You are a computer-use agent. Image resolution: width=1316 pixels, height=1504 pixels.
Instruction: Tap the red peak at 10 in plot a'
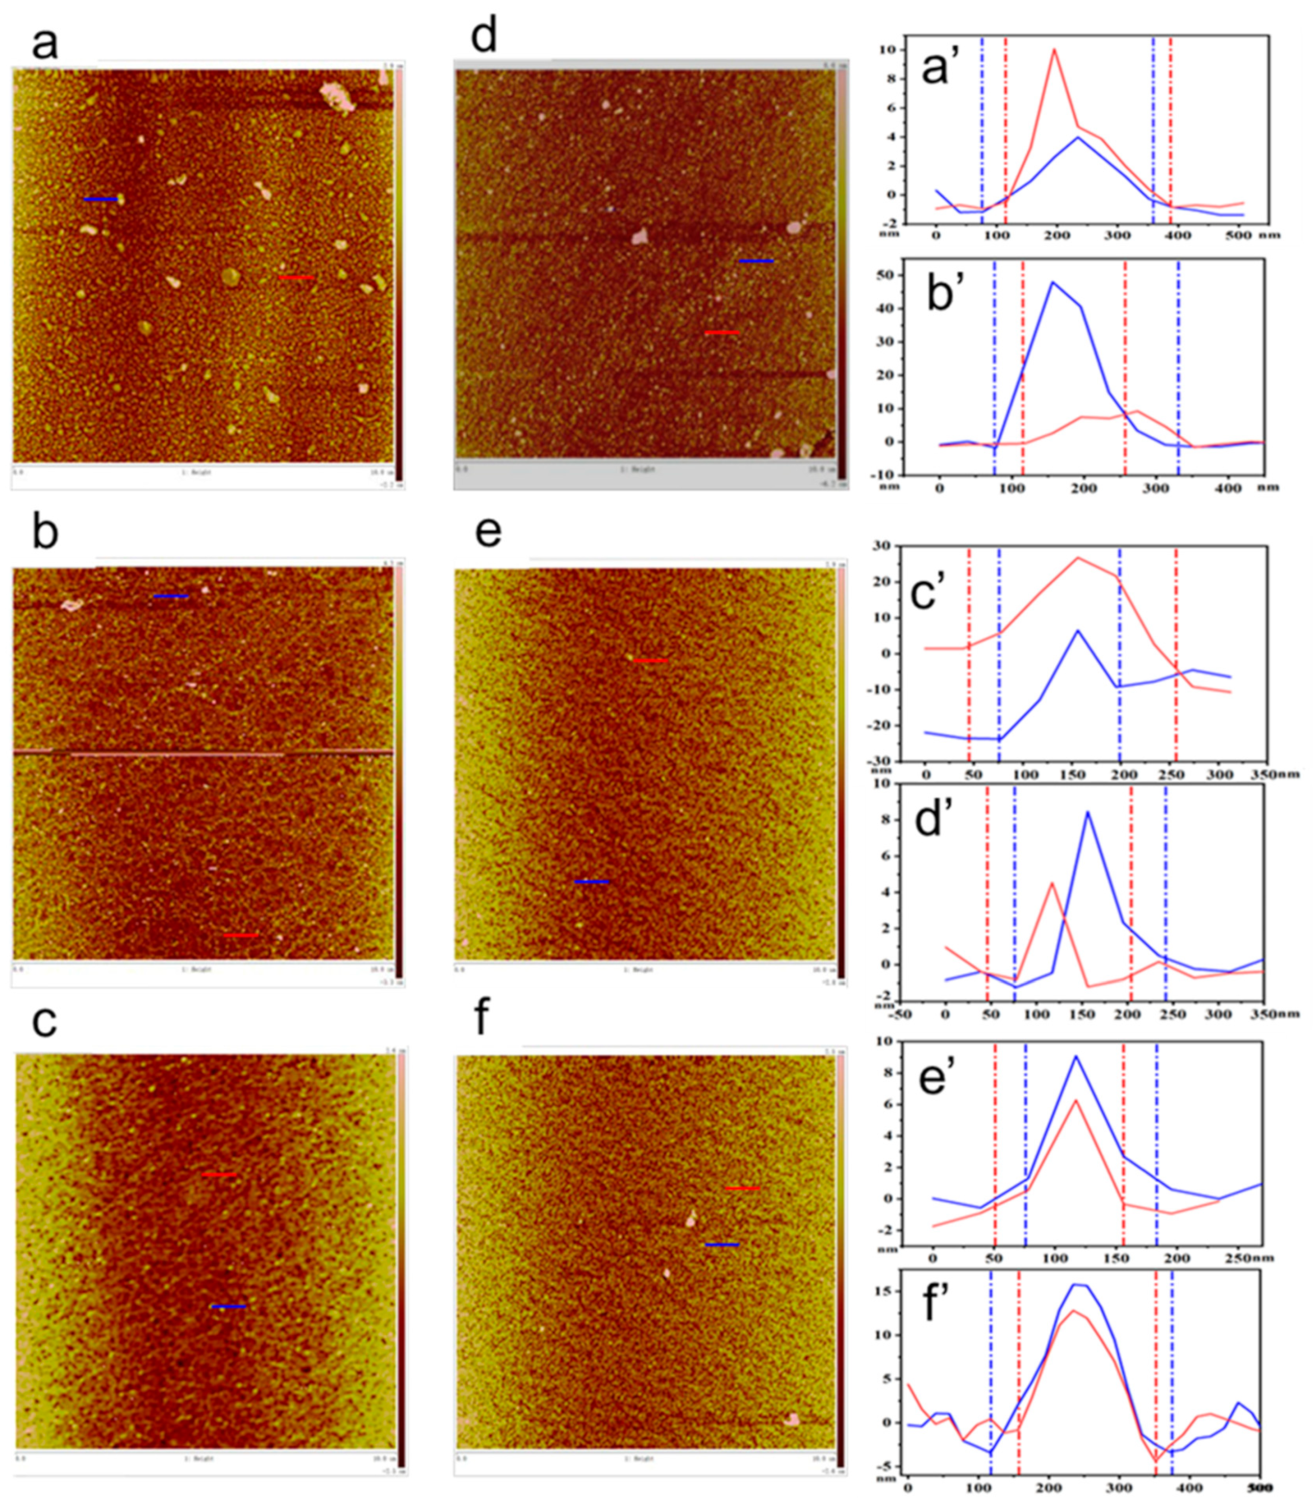[x=1054, y=50]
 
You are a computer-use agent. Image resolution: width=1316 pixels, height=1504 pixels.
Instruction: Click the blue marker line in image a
[x=100, y=199]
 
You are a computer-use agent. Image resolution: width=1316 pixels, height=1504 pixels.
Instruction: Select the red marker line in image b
[x=241, y=935]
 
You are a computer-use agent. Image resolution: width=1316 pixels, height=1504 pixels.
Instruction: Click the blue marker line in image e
[x=591, y=881]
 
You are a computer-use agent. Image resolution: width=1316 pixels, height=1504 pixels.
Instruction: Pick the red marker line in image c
[x=219, y=1175]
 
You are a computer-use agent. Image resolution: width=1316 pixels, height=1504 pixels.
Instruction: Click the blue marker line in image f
[x=722, y=1244]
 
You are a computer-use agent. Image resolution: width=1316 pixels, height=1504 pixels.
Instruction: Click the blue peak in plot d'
[x=1087, y=812]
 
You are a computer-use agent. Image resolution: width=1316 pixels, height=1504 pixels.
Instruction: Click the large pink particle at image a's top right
[x=337, y=96]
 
